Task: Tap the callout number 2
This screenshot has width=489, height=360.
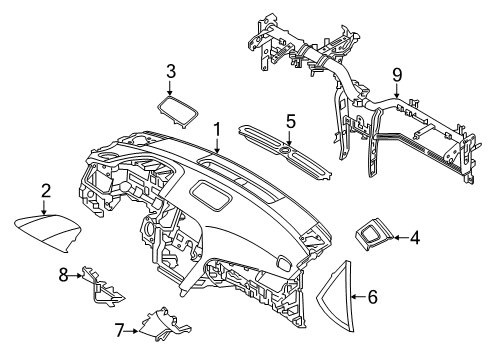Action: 46,190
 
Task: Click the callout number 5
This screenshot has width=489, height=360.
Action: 291,121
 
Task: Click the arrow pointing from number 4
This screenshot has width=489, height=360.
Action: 398,237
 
